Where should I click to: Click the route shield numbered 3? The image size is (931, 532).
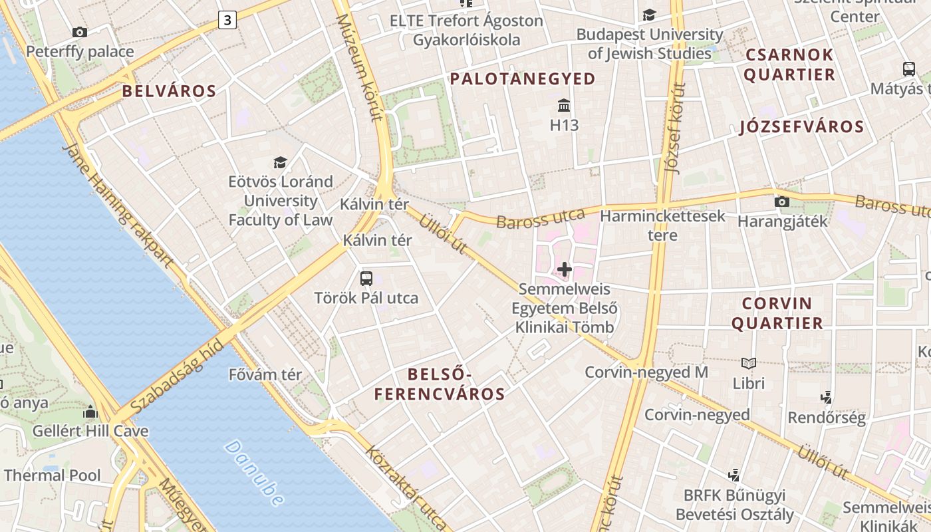click(227, 20)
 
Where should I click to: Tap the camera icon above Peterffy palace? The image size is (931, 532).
click(79, 32)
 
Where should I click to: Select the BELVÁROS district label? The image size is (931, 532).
click(170, 91)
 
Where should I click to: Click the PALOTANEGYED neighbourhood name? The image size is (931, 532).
click(523, 79)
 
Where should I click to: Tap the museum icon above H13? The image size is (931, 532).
click(564, 105)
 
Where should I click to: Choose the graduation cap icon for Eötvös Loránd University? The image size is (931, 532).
click(280, 162)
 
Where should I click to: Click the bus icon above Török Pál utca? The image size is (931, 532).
click(366, 278)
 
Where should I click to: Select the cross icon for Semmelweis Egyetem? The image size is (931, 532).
click(564, 269)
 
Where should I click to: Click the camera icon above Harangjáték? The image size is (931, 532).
click(782, 201)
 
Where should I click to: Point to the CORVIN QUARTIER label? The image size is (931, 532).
click(782, 313)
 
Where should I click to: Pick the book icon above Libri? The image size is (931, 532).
click(749, 363)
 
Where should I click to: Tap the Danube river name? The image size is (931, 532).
click(254, 472)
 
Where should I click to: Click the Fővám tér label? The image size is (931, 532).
click(265, 374)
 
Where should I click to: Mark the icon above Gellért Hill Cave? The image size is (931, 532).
click(90, 411)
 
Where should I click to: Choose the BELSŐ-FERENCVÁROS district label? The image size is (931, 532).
click(439, 384)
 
